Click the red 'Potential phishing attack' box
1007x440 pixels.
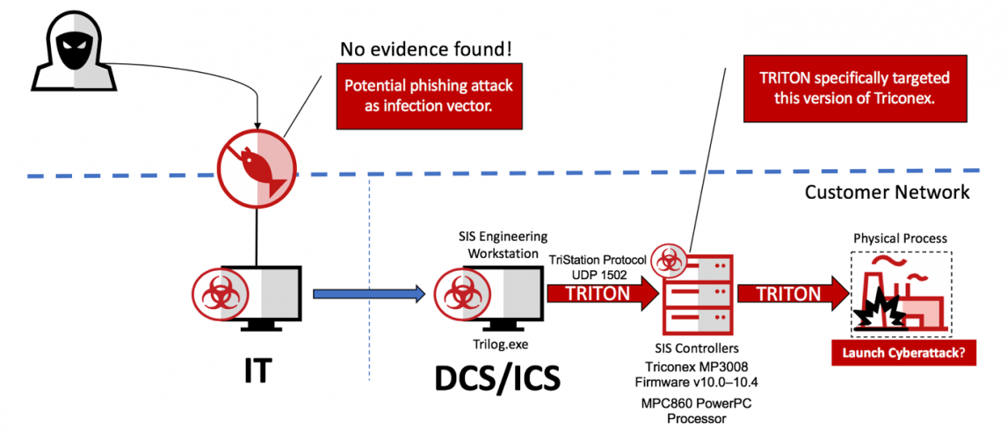[x=427, y=96]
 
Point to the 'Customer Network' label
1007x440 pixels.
[x=887, y=191]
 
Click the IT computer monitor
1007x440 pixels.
[x=249, y=294]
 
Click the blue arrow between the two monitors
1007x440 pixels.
[x=368, y=294]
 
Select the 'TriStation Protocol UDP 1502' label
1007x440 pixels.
[x=598, y=268]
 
